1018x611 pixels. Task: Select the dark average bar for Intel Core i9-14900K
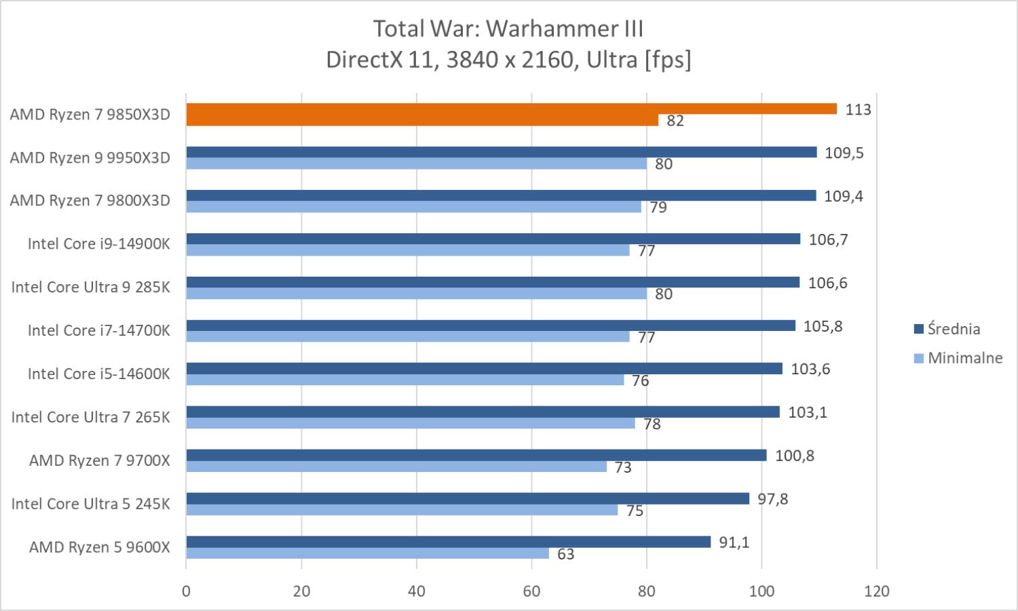point(493,239)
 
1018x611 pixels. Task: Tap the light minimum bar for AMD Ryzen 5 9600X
point(367,553)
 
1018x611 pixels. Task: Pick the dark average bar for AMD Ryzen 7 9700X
point(476,455)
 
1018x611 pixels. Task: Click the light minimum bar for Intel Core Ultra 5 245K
point(402,510)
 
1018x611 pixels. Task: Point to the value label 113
point(858,110)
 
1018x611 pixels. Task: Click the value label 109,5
point(844,153)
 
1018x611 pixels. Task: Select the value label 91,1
point(734,543)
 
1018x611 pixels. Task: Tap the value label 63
point(565,555)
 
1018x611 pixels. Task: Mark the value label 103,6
point(810,370)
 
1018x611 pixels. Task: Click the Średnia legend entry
point(953,330)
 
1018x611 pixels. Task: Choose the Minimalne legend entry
point(964,358)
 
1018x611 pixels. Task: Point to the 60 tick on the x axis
point(531,591)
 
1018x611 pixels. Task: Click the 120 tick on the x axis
point(877,591)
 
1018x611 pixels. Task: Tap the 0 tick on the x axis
point(186,591)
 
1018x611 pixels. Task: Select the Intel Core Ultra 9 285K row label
point(90,288)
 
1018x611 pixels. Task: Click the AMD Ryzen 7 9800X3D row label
point(90,201)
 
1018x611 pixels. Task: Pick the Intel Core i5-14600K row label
point(99,374)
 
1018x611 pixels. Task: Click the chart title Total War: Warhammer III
point(508,29)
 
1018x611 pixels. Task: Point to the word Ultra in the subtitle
point(611,60)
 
